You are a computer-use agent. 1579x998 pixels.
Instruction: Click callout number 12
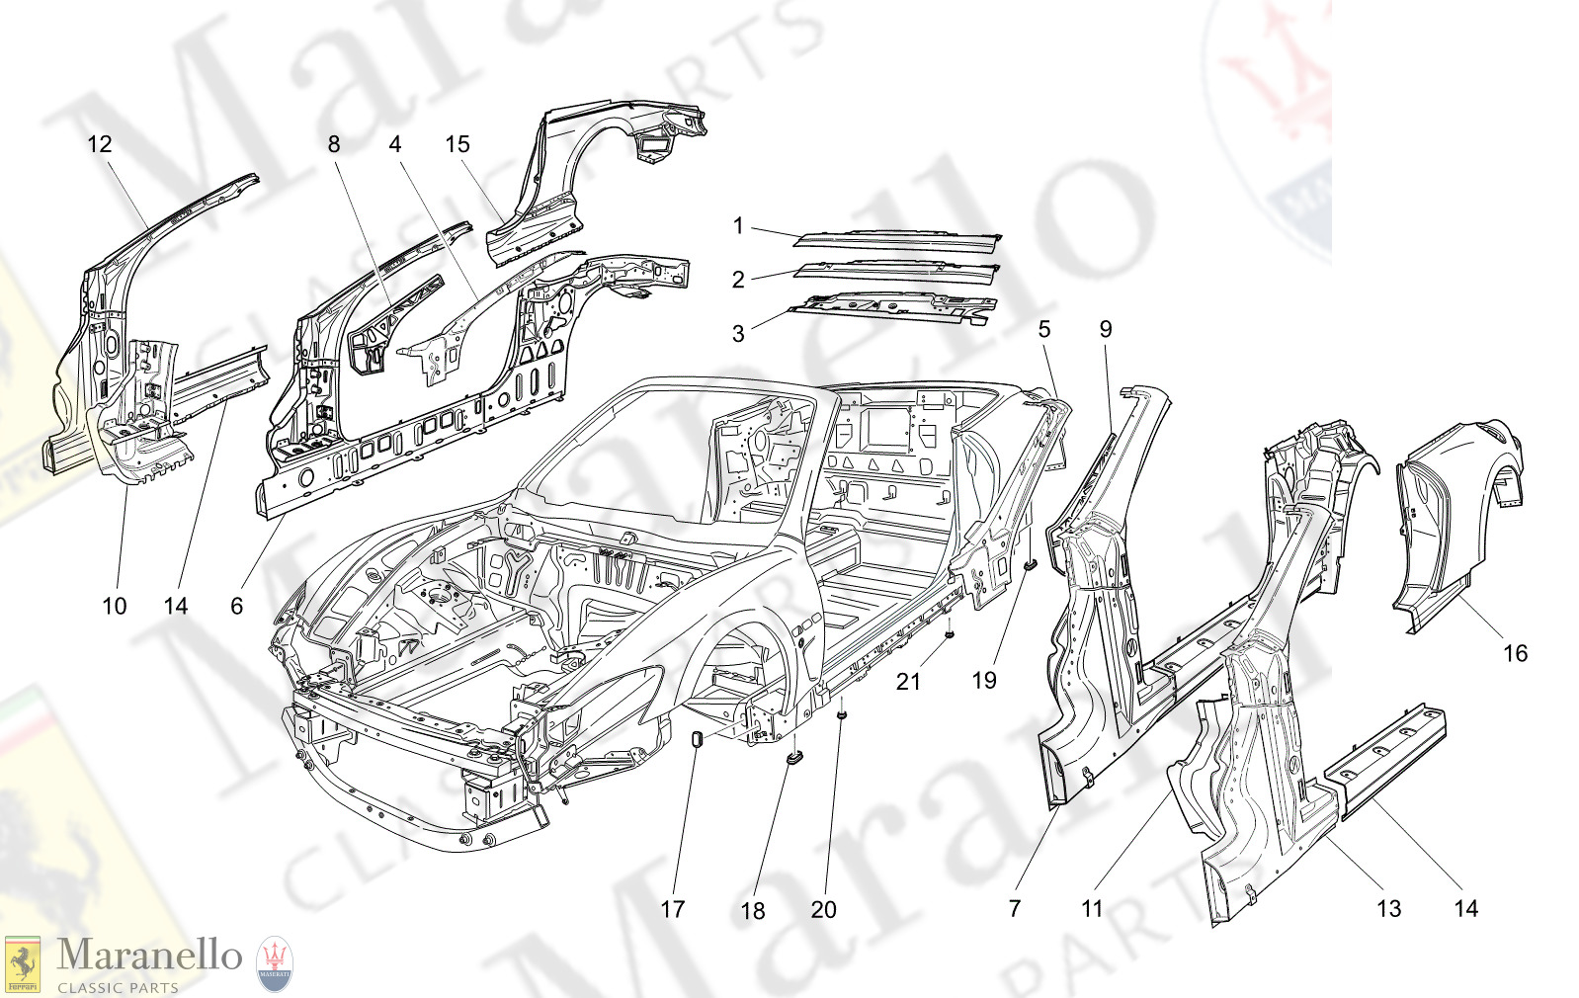tap(100, 144)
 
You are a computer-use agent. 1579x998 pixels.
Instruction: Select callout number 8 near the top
tap(334, 144)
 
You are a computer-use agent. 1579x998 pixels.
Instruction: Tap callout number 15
tap(457, 144)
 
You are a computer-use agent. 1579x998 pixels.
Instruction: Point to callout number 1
tap(738, 226)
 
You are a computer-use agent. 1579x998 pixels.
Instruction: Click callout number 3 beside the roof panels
tap(738, 334)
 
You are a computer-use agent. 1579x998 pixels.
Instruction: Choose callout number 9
tap(1106, 329)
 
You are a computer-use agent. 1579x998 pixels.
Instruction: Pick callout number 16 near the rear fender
tap(1515, 653)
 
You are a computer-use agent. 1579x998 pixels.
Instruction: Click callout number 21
tap(908, 681)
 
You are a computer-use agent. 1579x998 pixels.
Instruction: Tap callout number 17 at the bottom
tap(673, 909)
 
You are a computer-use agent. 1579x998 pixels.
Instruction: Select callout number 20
tap(823, 910)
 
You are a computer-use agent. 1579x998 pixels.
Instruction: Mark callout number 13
tap(1388, 909)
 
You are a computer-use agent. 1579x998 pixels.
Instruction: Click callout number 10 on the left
tap(115, 606)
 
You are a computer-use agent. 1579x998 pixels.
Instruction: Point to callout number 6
tap(236, 606)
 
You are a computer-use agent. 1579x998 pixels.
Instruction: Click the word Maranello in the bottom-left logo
tap(149, 956)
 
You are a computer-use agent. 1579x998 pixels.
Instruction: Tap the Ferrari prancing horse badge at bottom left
tap(23, 963)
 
